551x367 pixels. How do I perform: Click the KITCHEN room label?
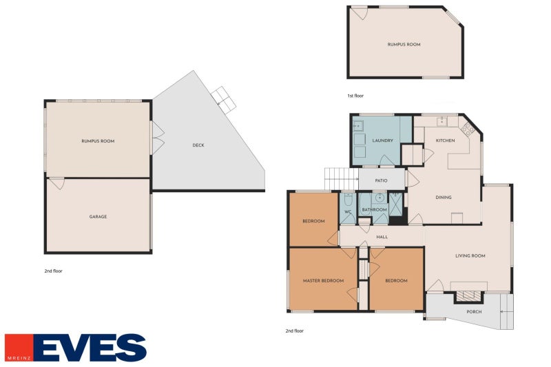click(x=445, y=140)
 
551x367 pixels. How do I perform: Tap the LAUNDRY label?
click(x=382, y=140)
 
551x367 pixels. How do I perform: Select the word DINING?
click(x=444, y=198)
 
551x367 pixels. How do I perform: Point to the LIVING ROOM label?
click(x=470, y=255)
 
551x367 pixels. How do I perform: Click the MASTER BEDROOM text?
click(x=323, y=281)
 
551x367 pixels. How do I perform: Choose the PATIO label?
click(x=381, y=181)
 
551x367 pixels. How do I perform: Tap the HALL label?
click(x=382, y=237)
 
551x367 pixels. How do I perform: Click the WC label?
click(x=348, y=211)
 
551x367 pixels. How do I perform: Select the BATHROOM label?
click(x=374, y=209)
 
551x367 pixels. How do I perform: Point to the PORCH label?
click(x=474, y=312)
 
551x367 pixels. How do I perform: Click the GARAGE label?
click(x=98, y=217)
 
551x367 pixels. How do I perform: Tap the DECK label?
click(x=198, y=145)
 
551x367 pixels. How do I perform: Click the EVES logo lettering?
click(x=90, y=348)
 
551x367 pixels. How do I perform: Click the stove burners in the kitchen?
click(x=469, y=128)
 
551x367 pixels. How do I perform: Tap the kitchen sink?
click(x=441, y=122)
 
